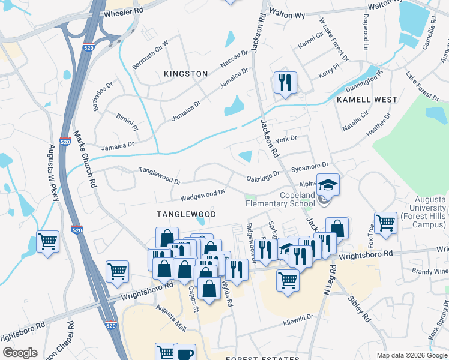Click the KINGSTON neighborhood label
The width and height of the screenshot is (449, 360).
[x=185, y=74]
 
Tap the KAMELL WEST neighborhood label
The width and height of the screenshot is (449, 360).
[x=366, y=99]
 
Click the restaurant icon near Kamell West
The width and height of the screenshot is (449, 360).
[x=285, y=82]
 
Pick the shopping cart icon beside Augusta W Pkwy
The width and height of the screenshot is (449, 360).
[x=47, y=242]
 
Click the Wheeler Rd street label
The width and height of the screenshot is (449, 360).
[x=124, y=12]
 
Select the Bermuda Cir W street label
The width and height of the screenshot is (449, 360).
[x=151, y=53]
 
